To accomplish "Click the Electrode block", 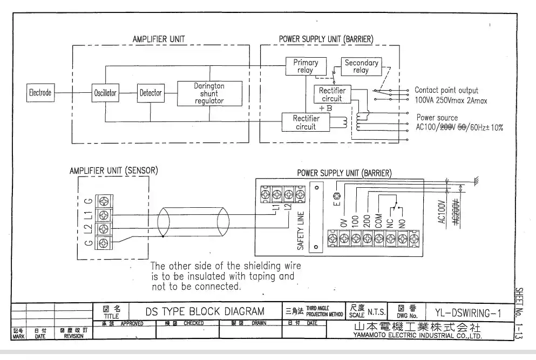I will point(40,93).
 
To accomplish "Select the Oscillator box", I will point(105,93).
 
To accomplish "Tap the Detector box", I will point(151,93).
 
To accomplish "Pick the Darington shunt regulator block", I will point(209,93).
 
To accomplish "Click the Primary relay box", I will point(306,66).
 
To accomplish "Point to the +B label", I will point(325,108).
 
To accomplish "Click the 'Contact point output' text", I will point(446,90).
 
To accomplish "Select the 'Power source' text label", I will point(437,118).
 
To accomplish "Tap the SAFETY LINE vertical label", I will point(301,230).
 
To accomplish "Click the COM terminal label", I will point(379,218).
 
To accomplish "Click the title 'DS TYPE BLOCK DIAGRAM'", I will point(205,311).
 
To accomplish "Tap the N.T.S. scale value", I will point(376,312).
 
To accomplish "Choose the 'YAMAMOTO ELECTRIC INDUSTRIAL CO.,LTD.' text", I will point(418,336).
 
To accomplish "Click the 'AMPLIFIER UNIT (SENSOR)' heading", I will point(113,171).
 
